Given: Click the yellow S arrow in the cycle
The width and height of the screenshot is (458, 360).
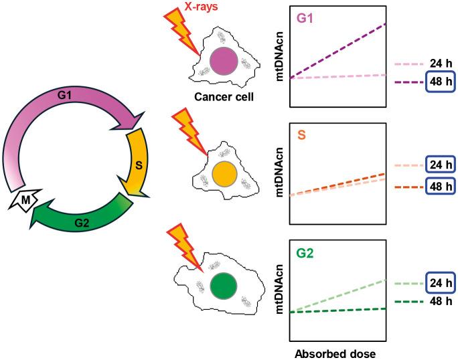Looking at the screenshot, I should [x=137, y=164].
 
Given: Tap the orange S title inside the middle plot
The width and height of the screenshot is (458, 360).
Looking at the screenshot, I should [x=302, y=134].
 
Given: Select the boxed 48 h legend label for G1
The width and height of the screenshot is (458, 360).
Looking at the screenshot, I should [x=439, y=82].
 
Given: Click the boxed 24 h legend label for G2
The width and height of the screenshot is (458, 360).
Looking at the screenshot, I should [x=439, y=283].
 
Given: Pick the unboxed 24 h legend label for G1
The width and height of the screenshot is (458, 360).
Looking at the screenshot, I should [x=439, y=64].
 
